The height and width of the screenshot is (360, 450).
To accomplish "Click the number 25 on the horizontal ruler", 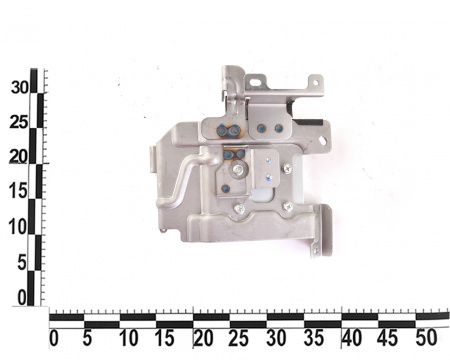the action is [239, 338].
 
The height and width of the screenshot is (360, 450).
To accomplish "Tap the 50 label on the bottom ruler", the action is [426, 338].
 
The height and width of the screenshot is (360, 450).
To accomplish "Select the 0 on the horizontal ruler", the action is [54, 339].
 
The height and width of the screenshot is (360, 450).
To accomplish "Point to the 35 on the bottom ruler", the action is [313, 338].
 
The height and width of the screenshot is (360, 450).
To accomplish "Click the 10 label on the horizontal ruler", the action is [129, 339].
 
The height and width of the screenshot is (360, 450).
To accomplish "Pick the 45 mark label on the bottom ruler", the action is [388, 338].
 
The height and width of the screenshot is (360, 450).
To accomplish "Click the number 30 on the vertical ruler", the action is [20, 87].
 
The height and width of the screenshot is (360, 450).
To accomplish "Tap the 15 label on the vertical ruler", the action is [18, 191].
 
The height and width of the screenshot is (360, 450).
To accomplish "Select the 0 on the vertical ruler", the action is [22, 298].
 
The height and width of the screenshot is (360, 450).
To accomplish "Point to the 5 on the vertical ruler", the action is [22, 263].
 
